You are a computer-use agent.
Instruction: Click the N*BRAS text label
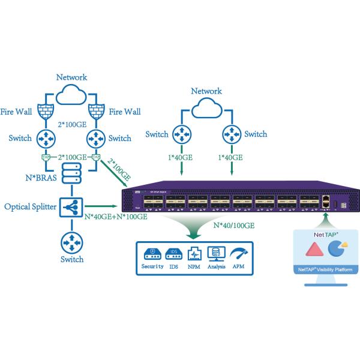pyautogui.click(x=37, y=178)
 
